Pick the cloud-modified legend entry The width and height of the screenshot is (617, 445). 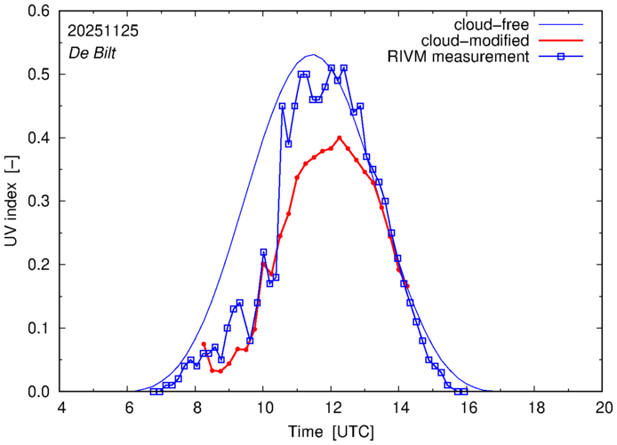pyautogui.click(x=477, y=41)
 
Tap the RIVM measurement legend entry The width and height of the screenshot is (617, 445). pyautogui.click(x=459, y=58)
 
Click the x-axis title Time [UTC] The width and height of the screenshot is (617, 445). pyautogui.click(x=332, y=432)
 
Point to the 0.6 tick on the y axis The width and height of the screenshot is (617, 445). pyautogui.click(x=40, y=12)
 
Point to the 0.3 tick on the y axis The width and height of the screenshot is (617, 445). pyautogui.click(x=40, y=202)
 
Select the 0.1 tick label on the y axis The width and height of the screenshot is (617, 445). pyautogui.click(x=40, y=329)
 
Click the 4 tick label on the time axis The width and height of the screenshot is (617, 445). pyautogui.click(x=60, y=407)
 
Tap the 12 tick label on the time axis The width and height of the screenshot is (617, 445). pyautogui.click(x=332, y=407)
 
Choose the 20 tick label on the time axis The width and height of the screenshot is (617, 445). pyautogui.click(x=604, y=407)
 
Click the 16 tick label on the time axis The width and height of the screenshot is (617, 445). pyautogui.click(x=468, y=407)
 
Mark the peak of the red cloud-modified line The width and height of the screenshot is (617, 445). pyautogui.click(x=340, y=138)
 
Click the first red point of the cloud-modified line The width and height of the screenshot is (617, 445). pyautogui.click(x=204, y=344)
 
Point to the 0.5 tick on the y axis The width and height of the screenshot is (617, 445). pyautogui.click(x=40, y=75)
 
